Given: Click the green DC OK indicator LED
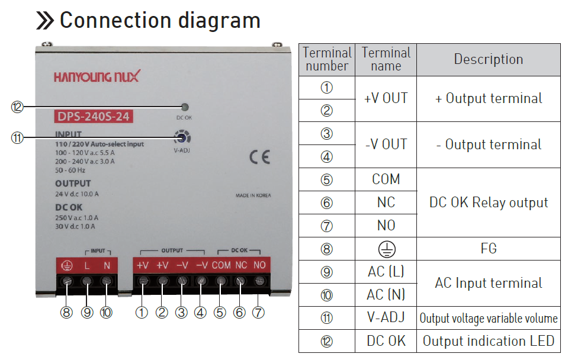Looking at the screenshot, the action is pyautogui.click(x=185, y=107).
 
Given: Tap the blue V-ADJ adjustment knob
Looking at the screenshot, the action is pyautogui.click(x=182, y=137).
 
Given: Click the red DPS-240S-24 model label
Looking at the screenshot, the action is pyautogui.click(x=94, y=117).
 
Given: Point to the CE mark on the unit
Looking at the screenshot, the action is pyautogui.click(x=260, y=157).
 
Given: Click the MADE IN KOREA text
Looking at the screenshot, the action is pyautogui.click(x=253, y=195).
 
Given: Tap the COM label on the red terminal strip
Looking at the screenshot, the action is pyautogui.click(x=221, y=265).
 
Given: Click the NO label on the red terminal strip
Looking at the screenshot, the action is pyautogui.click(x=259, y=265).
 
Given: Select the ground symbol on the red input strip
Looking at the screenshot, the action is pyautogui.click(x=67, y=266).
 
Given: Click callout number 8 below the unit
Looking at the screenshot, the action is pyautogui.click(x=66, y=313).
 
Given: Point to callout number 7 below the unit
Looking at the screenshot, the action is pyautogui.click(x=258, y=313).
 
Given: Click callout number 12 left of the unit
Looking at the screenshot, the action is pyautogui.click(x=17, y=107).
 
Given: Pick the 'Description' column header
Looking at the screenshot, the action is pyautogui.click(x=488, y=59).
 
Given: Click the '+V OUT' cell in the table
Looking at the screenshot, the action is pyautogui.click(x=386, y=98).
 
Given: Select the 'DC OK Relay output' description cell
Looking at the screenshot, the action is pyautogui.click(x=489, y=202).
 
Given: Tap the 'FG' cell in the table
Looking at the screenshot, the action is pyautogui.click(x=489, y=249).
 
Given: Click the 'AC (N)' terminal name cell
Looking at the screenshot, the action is pyautogui.click(x=386, y=295).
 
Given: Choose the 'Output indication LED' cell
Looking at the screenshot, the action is pyautogui.click(x=489, y=341).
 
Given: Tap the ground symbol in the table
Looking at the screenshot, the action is pyautogui.click(x=387, y=249).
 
